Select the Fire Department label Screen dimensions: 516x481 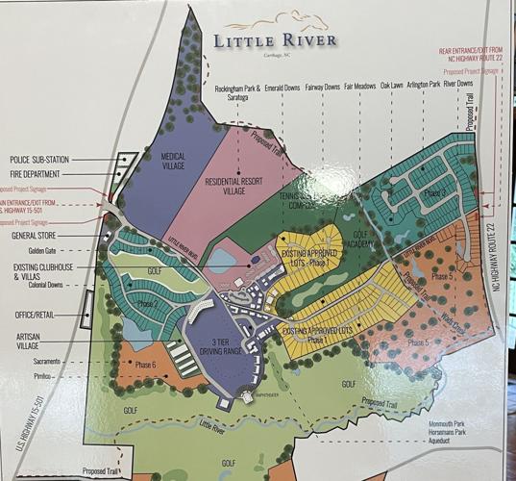click(36, 174)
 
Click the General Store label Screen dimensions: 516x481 click(35, 234)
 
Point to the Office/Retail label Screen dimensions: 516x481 click(36, 313)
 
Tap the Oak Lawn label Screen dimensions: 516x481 click(391, 86)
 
